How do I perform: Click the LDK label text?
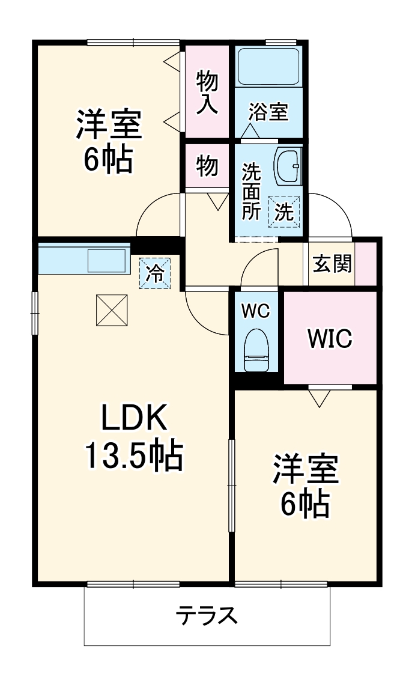pos(133,419)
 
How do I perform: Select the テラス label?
pos(206,616)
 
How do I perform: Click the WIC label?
pos(329,339)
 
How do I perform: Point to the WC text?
pos(256,311)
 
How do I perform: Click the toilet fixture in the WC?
pos(256,352)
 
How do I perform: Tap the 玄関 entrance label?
pos(332,264)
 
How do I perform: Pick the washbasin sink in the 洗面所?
pos(288,165)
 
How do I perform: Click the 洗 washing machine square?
pos(283,211)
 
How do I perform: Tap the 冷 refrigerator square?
pos(156,273)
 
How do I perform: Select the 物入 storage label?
pos(207,91)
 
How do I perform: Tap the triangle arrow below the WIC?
pos(318,397)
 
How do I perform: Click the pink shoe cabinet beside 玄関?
pos(366,264)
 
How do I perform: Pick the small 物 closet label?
pos(207,165)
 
